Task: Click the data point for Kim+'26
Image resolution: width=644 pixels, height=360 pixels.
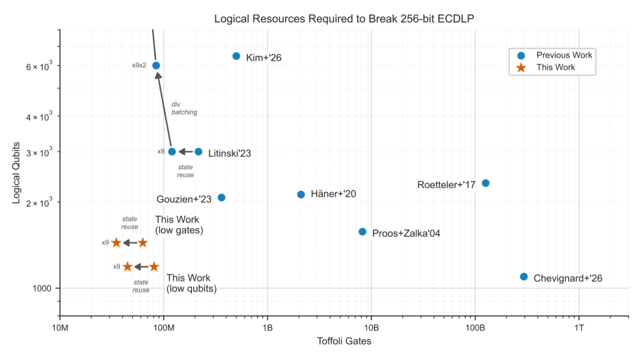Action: [x=236, y=56]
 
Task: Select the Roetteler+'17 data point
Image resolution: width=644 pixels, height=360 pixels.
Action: [x=485, y=183]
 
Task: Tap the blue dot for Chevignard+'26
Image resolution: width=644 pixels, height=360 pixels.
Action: [x=524, y=277]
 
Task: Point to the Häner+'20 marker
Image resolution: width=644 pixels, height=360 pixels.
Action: [x=301, y=194]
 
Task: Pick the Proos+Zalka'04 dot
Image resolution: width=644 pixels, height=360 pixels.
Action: [x=363, y=232]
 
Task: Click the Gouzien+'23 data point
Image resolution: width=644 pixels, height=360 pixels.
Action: [x=221, y=197]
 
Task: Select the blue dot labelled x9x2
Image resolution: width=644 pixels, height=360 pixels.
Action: [x=156, y=66]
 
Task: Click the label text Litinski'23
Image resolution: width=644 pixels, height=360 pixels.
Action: [x=230, y=154]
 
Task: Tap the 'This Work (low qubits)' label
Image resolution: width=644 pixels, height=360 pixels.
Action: [x=191, y=283]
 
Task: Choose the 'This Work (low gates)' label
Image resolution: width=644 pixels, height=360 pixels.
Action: [x=179, y=225]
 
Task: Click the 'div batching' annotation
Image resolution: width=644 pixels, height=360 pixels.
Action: [x=184, y=108]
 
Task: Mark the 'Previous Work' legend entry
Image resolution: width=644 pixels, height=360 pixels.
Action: [x=564, y=55]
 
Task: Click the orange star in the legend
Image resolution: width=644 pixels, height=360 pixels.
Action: [x=521, y=67]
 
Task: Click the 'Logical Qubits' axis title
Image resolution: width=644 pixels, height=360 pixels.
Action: [x=17, y=173]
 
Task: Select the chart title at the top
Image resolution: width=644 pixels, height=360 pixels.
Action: [x=344, y=19]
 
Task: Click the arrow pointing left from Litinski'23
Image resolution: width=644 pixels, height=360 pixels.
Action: [x=185, y=151]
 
